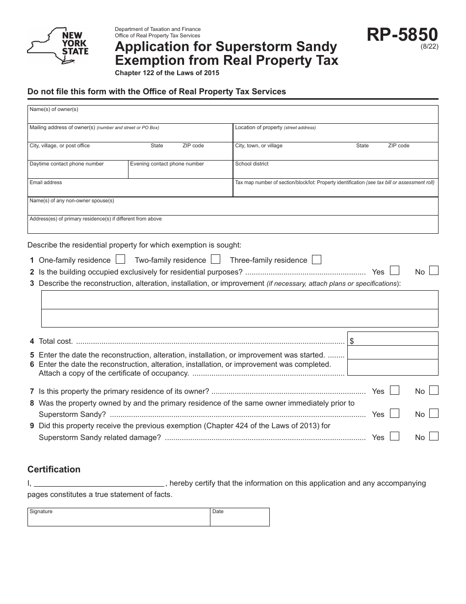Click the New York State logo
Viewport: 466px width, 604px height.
(58, 46)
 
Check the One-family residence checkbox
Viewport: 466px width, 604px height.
(120, 259)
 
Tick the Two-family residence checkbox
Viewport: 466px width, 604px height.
(215, 259)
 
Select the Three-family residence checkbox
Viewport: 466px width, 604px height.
(316, 259)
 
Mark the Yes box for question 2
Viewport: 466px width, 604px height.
(394, 271)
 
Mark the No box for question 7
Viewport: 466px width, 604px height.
(433, 390)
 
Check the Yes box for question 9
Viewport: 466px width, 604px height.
(394, 436)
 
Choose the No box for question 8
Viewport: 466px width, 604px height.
(433, 413)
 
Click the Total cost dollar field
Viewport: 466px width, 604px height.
(392, 339)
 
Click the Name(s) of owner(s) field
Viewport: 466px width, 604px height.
(233, 116)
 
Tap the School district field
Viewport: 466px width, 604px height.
(336, 171)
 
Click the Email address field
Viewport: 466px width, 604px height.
(129, 189)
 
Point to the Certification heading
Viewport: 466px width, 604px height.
(54, 469)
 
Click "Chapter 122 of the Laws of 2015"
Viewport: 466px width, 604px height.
(167, 73)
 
